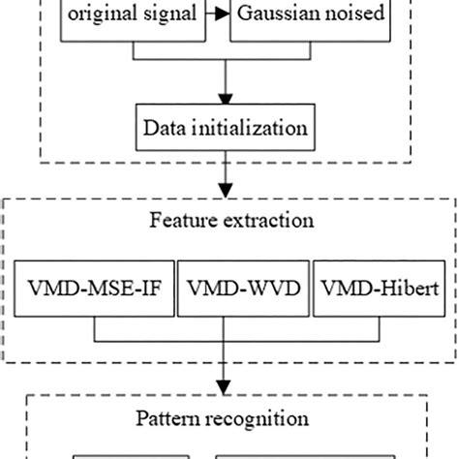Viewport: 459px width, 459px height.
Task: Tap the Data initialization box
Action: (227, 127)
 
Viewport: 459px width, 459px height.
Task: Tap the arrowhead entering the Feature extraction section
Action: (227, 193)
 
